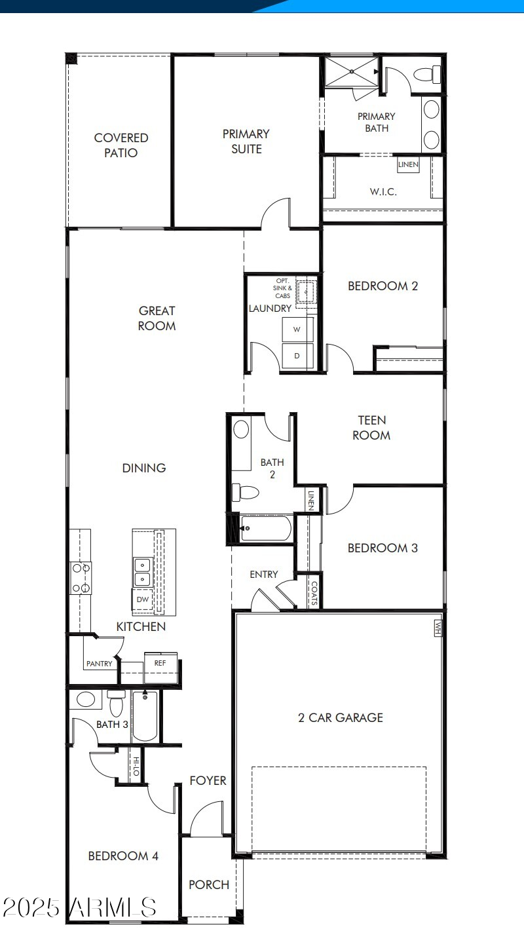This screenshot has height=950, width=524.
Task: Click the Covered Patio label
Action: click(x=121, y=145)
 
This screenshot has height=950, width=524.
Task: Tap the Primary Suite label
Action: click(x=246, y=141)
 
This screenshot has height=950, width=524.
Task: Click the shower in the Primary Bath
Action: click(x=352, y=72)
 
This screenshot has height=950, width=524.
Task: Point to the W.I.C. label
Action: click(x=383, y=192)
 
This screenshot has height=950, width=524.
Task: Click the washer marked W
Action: click(x=297, y=330)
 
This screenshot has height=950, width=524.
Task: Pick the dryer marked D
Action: click(x=297, y=356)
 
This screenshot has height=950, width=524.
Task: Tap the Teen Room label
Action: click(x=371, y=427)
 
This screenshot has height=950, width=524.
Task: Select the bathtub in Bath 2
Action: click(x=265, y=528)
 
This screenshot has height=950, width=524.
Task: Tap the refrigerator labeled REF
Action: click(x=160, y=663)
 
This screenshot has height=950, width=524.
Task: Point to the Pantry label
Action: click(x=99, y=664)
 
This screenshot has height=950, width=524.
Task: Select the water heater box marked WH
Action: click(x=438, y=627)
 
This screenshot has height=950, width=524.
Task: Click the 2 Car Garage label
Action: click(x=341, y=717)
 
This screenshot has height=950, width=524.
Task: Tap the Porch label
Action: click(x=209, y=884)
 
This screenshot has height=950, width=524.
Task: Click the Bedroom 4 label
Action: click(x=123, y=856)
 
